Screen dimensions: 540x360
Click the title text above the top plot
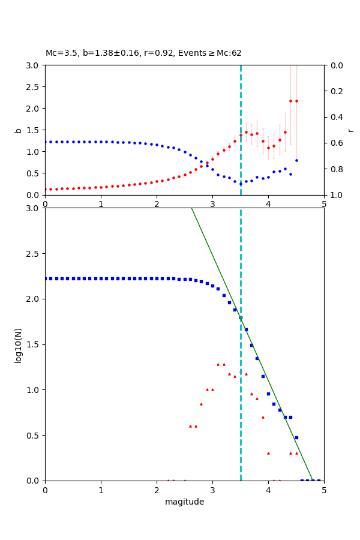click(x=143, y=53)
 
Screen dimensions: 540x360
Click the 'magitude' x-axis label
click(x=184, y=502)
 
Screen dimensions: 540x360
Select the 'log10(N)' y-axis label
click(x=18, y=344)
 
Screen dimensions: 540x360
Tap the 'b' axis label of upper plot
click(x=18, y=130)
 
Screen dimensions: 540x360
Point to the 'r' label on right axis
click(x=350, y=130)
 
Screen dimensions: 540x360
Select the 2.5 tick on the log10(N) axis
click(x=33, y=254)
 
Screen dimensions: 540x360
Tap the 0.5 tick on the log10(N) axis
click(x=33, y=436)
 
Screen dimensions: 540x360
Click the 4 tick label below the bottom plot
click(x=268, y=490)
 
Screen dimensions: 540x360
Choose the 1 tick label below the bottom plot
click(x=101, y=490)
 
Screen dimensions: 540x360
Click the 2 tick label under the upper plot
click(x=157, y=204)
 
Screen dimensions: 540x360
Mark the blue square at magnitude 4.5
click(x=296, y=437)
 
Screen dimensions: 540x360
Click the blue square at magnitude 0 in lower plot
click(x=46, y=278)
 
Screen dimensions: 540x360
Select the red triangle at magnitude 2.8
click(x=201, y=404)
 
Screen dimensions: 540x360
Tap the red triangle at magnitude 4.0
click(x=268, y=453)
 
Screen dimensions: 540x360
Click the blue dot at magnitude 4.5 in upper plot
click(x=296, y=160)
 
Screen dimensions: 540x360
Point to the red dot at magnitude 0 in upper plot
click(x=46, y=189)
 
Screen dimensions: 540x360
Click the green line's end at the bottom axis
click(x=313, y=480)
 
